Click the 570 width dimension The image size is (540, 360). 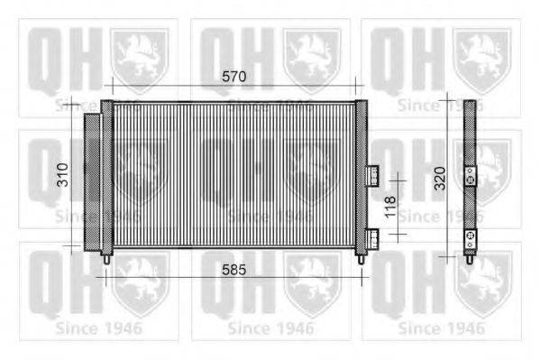click(x=233, y=78)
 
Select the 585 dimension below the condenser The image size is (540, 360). click(x=233, y=269)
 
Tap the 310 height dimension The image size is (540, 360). click(x=62, y=175)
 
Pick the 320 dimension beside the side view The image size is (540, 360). click(x=439, y=178)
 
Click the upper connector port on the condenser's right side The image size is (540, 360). click(x=372, y=172)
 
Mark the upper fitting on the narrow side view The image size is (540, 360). click(x=470, y=177)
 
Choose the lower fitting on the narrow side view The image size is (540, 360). click(x=470, y=238)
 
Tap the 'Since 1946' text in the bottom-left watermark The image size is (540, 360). click(x=98, y=328)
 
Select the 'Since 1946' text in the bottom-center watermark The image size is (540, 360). click(x=270, y=328)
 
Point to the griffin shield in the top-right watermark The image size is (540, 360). click(x=481, y=59)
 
